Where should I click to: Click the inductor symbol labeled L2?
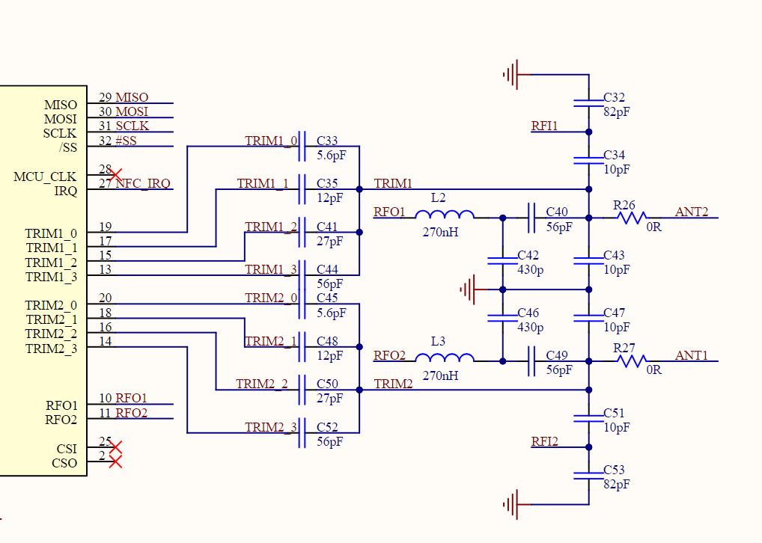click(x=445, y=215)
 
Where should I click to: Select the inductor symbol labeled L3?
click(x=445, y=358)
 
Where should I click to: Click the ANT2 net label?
click(x=691, y=212)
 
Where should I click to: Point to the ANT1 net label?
click(x=691, y=355)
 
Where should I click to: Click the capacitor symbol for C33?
click(x=302, y=147)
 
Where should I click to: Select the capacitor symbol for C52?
click(x=302, y=433)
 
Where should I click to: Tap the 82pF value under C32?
click(x=616, y=111)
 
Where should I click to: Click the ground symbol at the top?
click(x=512, y=74)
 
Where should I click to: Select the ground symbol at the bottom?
click(x=512, y=505)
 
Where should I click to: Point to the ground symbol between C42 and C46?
click(x=469, y=289)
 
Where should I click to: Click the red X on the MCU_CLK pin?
click(x=115, y=175)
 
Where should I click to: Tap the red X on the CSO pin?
click(x=115, y=462)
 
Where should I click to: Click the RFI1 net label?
click(x=544, y=126)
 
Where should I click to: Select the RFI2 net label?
click(x=544, y=441)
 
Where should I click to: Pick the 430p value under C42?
click(x=531, y=269)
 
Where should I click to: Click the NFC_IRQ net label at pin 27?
click(x=143, y=183)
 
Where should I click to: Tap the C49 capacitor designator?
click(x=557, y=355)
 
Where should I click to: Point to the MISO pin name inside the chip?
click(x=60, y=105)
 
